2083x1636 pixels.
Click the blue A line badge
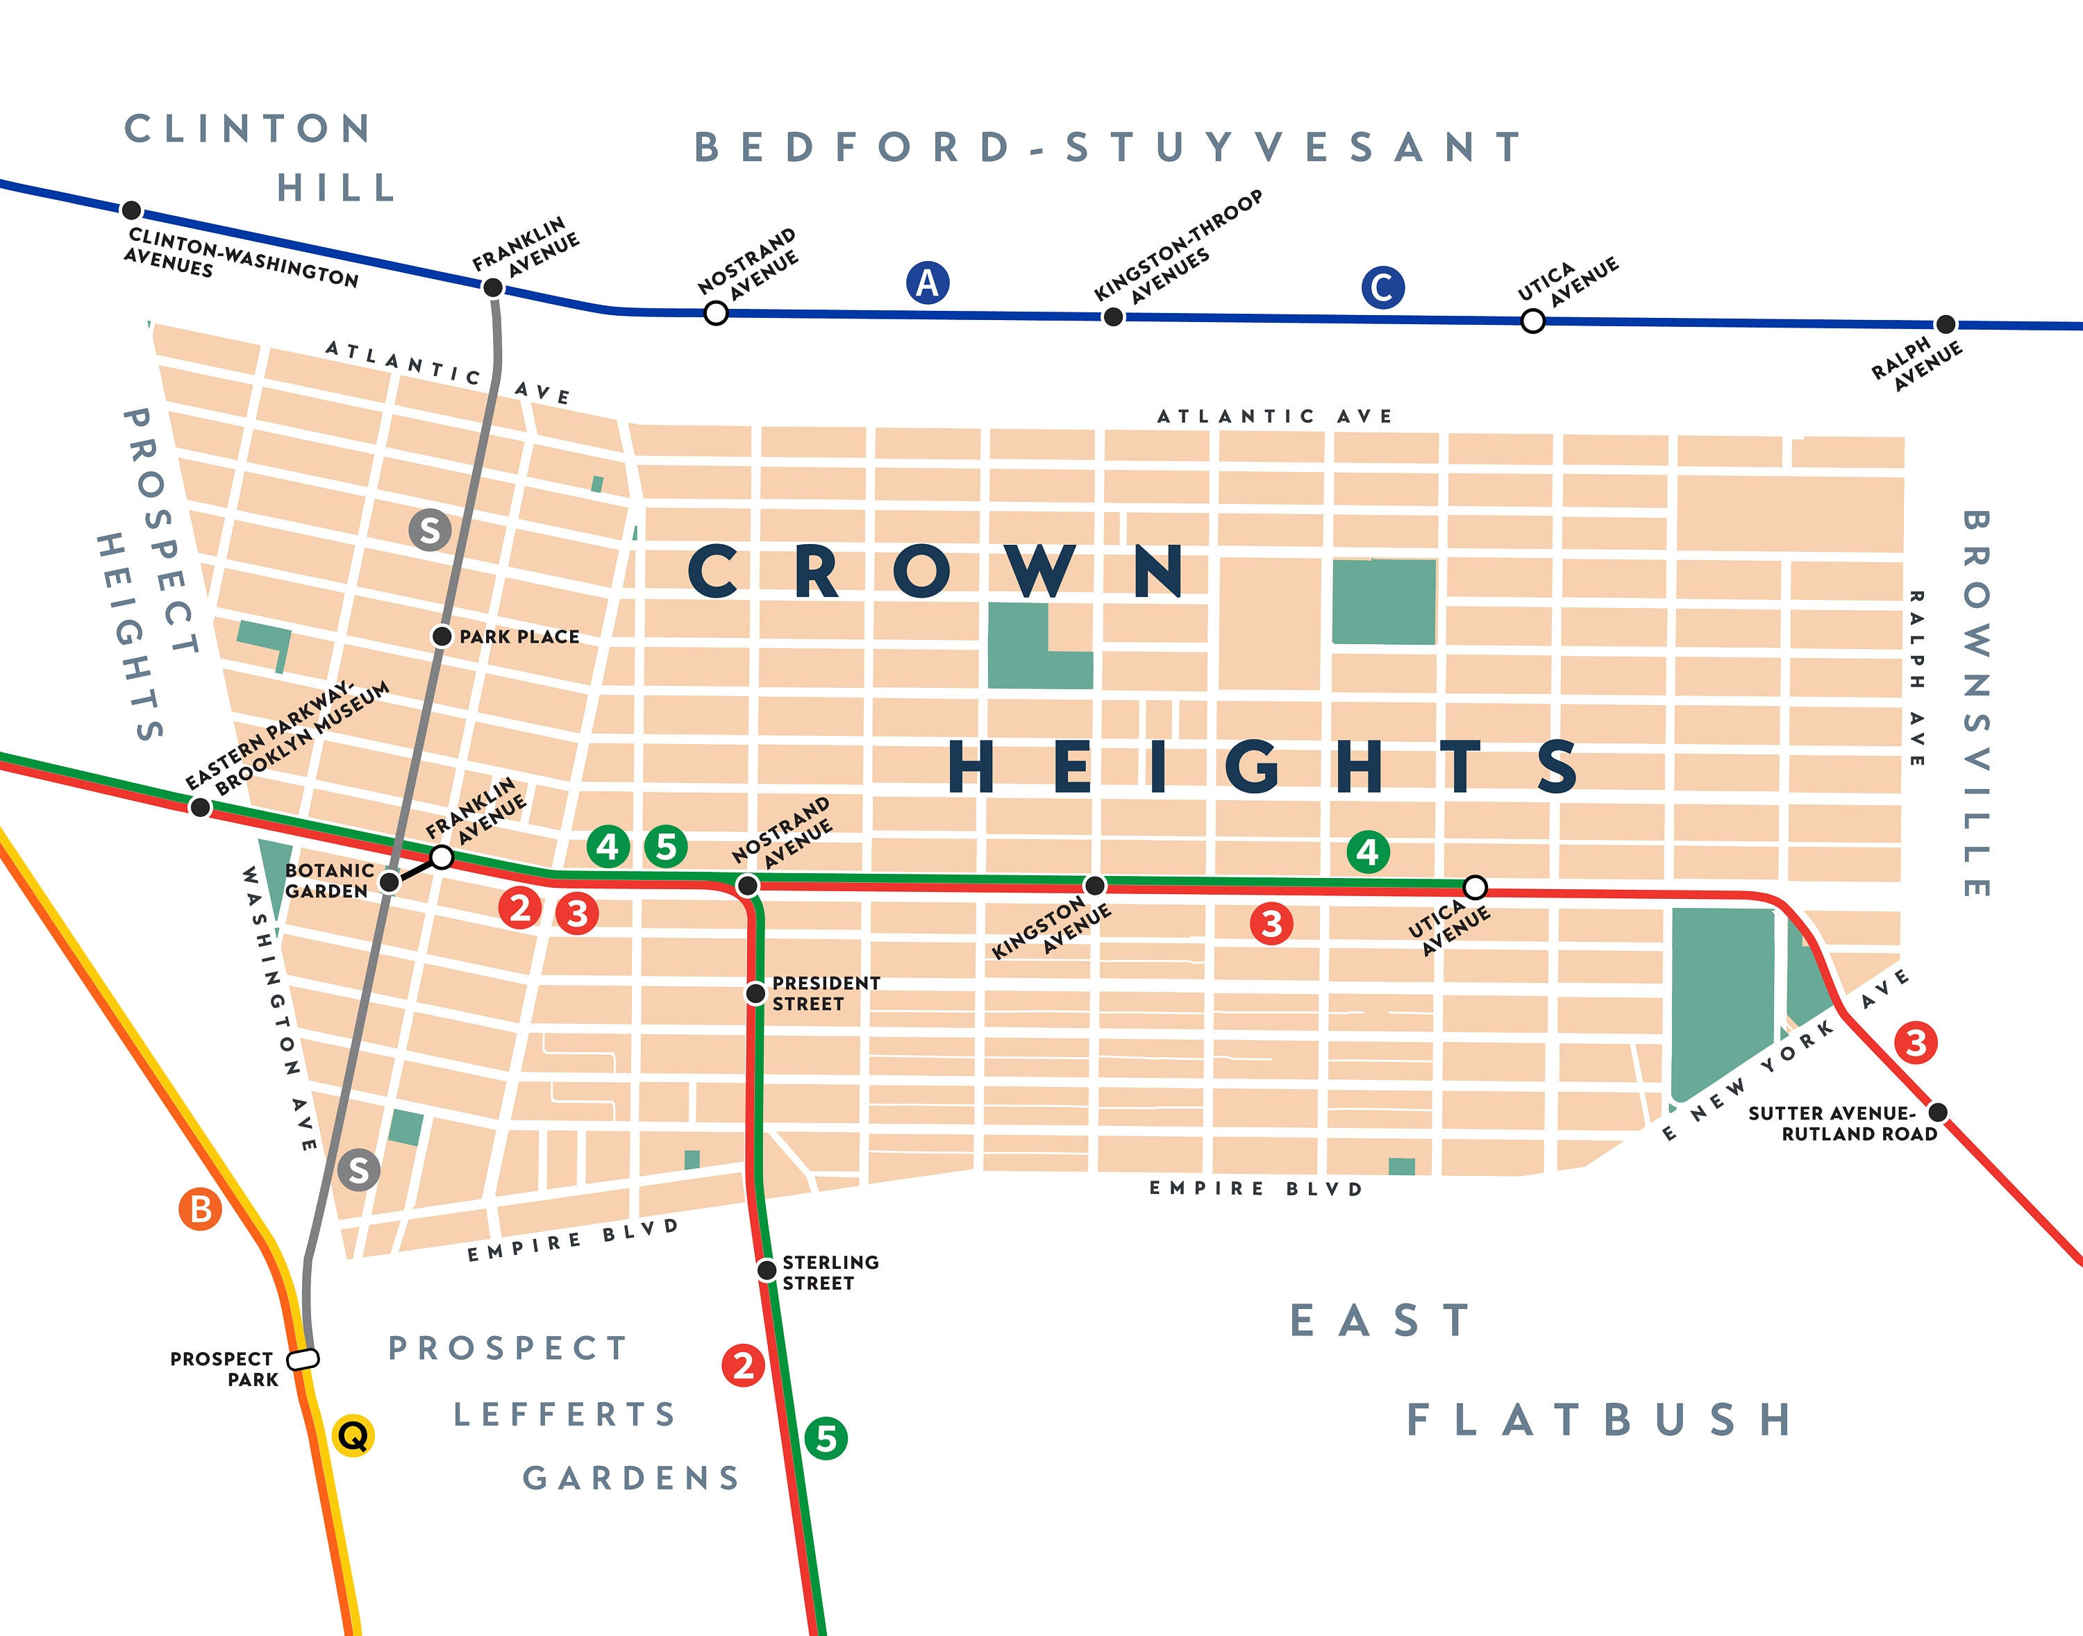pos(928,282)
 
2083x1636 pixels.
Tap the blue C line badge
pos(1382,287)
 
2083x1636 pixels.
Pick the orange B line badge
pos(200,1209)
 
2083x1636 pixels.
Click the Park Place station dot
pos(442,636)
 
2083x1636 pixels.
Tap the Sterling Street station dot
pos(767,1270)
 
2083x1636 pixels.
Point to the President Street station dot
pos(756,993)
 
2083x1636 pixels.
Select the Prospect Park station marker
pos(303,1358)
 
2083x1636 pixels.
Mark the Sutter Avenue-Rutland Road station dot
pos(1937,1112)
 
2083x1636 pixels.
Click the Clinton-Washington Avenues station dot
pos(132,210)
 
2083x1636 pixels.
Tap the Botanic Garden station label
pos(328,880)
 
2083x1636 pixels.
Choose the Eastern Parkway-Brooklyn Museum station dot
pos(199,807)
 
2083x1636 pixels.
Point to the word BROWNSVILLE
pos(1975,704)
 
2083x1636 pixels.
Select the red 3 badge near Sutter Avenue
pos(1916,1042)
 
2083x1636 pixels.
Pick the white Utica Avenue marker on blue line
pos(1532,321)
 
